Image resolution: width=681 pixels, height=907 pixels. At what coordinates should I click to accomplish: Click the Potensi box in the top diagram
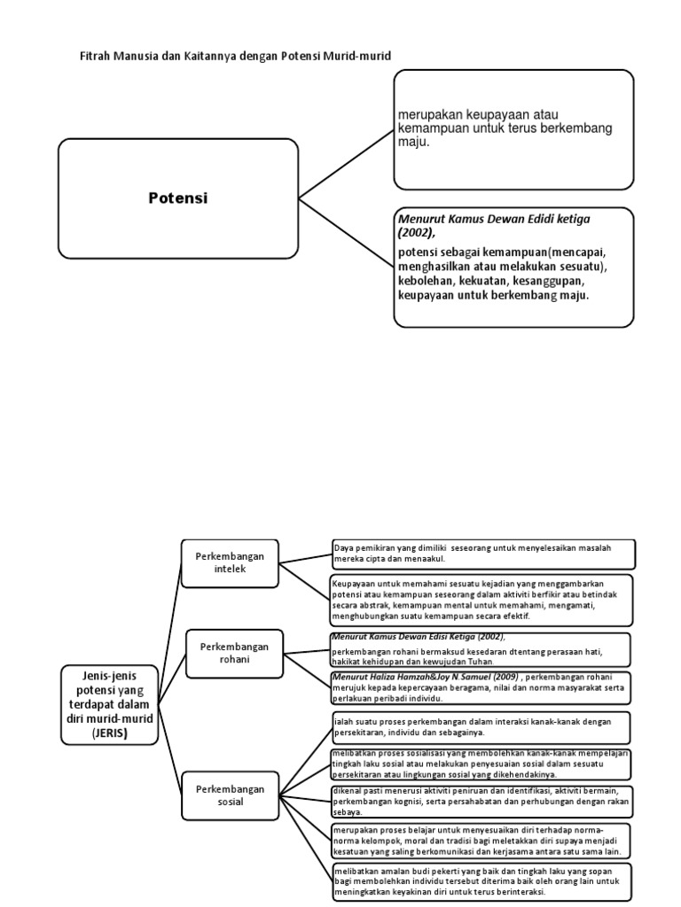[x=177, y=198]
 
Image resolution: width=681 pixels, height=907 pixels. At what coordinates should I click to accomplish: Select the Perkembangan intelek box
[x=230, y=562]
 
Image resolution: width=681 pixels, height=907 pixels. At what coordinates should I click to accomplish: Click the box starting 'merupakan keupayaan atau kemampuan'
[x=513, y=129]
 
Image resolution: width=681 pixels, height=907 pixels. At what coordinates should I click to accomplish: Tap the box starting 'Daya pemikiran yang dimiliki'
[x=483, y=554]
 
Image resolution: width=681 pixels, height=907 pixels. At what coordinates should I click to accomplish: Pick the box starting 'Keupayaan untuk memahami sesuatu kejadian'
[x=483, y=599]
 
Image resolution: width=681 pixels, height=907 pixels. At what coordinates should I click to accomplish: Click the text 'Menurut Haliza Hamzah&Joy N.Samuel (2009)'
[x=425, y=678]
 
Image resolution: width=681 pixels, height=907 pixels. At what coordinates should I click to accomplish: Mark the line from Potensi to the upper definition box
[x=346, y=163]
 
